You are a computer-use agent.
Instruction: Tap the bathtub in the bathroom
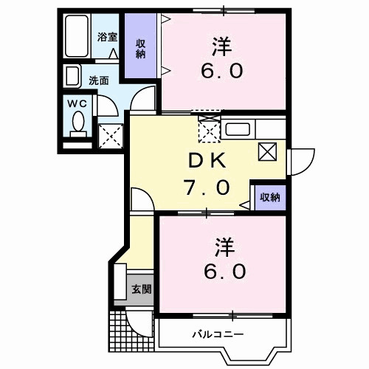click(x=75, y=35)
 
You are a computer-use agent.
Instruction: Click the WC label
click(x=78, y=103)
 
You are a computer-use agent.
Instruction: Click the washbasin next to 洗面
click(x=72, y=77)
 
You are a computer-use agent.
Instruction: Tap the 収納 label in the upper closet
click(x=139, y=49)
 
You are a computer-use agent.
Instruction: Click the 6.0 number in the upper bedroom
click(x=222, y=72)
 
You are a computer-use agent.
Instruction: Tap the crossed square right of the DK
click(x=267, y=152)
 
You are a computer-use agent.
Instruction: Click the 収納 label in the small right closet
click(x=269, y=197)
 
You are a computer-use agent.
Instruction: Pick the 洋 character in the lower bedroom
click(x=224, y=244)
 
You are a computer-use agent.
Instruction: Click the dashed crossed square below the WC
click(x=110, y=134)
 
